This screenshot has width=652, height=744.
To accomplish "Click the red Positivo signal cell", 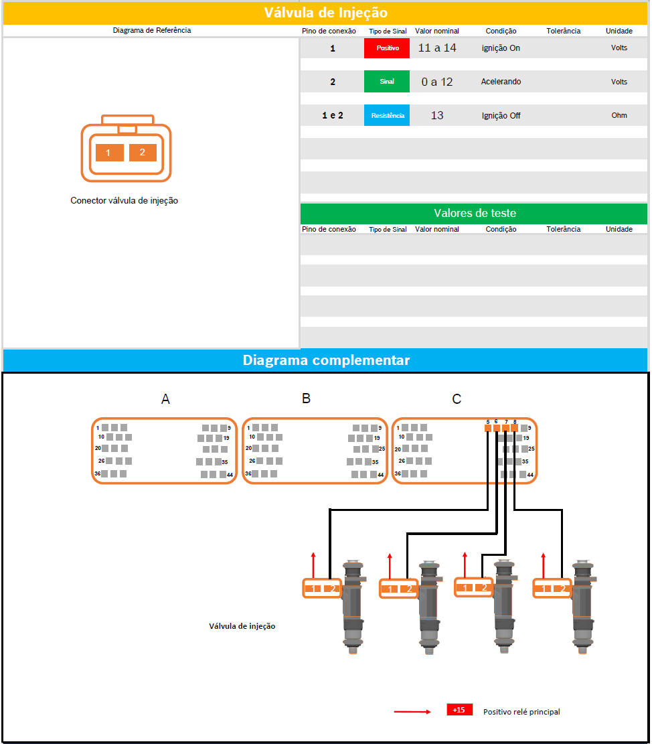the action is tap(386, 48).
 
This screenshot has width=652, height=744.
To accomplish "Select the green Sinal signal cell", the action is tap(386, 81).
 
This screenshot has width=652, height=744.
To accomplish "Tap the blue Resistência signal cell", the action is tap(386, 115).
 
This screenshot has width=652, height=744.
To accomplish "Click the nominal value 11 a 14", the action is tap(436, 48).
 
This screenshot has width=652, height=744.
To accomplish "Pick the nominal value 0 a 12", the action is tap(436, 82).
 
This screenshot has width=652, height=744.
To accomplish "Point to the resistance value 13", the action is tap(436, 115).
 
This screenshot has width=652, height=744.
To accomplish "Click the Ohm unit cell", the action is tap(619, 115).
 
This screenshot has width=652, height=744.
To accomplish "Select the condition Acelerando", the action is tap(501, 82).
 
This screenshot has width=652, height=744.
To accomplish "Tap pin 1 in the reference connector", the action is tap(110, 152).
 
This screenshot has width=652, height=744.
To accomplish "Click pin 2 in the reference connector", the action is tap(143, 152).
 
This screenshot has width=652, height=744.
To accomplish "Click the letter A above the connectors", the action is tap(165, 399).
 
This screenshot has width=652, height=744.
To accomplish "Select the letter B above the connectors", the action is tap(307, 398).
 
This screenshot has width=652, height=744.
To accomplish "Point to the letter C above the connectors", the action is tap(457, 399).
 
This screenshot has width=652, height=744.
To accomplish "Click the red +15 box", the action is tap(459, 710).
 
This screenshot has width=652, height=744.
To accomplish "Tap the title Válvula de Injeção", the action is tap(326, 12).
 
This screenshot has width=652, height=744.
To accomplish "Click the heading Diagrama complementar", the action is tap(326, 360).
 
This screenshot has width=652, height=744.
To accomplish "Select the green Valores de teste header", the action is tap(474, 214).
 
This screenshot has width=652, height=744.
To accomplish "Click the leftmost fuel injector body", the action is tap(353, 607).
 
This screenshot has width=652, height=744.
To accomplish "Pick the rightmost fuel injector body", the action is tap(584, 607).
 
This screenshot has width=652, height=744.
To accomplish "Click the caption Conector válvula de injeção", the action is tap(125, 201).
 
